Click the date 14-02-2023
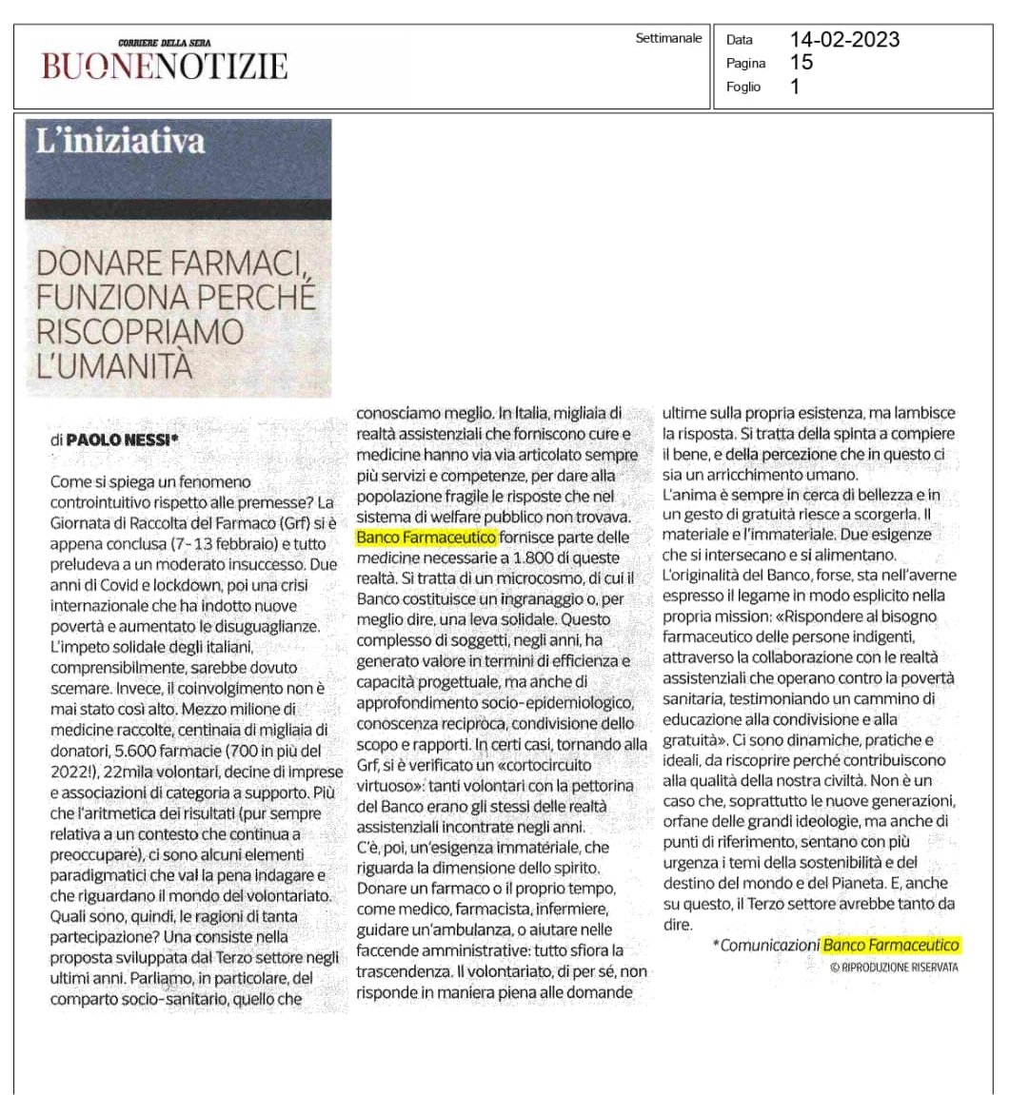pyautogui.click(x=844, y=41)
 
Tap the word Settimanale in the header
pyautogui.click(x=668, y=41)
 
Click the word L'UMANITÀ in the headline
pyautogui.click(x=116, y=363)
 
